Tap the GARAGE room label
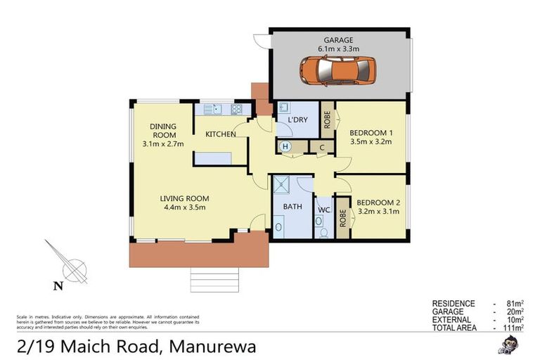click(x=338, y=40)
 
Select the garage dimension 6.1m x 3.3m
click(x=338, y=49)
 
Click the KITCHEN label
click(x=220, y=134)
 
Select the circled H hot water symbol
click(x=285, y=147)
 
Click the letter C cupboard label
click(x=321, y=148)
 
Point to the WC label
click(x=323, y=210)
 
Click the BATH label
click(x=292, y=207)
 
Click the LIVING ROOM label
click(x=184, y=198)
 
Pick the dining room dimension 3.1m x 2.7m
click(x=162, y=144)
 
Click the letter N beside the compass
click(x=59, y=285)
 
